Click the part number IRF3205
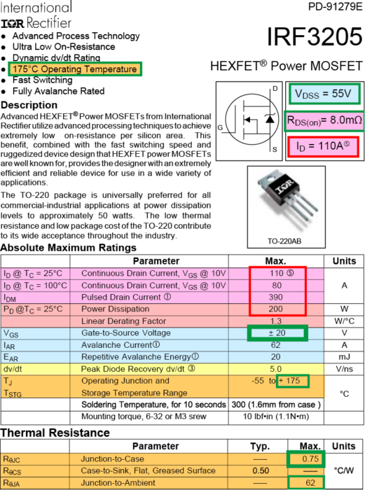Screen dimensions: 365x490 (x=315, y=37)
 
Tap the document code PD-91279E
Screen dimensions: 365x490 (x=336, y=6)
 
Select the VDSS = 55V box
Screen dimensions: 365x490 (x=324, y=93)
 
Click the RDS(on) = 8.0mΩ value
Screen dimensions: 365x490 (x=324, y=120)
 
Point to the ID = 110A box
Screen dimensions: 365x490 (x=323, y=146)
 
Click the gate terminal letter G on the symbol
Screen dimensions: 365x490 (x=220, y=127)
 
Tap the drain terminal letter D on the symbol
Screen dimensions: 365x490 (x=275, y=89)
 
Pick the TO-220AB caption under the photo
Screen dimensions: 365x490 (x=284, y=241)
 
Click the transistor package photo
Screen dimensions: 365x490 (x=286, y=202)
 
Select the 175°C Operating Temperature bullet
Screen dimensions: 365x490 (x=75, y=69)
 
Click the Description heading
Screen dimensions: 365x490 (x=29, y=105)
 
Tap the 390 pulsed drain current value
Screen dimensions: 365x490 (x=275, y=297)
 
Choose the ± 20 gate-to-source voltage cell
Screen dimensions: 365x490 (x=277, y=332)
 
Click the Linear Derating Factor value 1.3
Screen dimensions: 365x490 (x=275, y=321)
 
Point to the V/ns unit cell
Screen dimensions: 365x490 (x=344, y=369)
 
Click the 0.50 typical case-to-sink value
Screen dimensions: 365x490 (x=261, y=470)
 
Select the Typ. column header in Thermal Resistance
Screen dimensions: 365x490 (x=260, y=447)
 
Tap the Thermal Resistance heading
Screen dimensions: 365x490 (x=55, y=433)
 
